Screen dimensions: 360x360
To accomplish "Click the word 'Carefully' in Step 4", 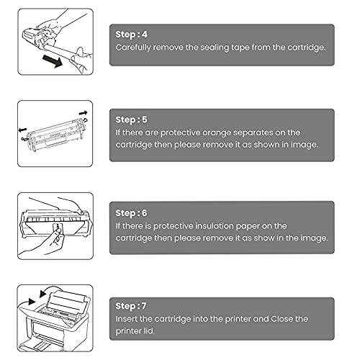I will coord(136,47).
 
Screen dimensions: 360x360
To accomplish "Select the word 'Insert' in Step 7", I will coord(129,319).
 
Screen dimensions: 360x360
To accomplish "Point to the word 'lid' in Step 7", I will coord(148,330).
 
